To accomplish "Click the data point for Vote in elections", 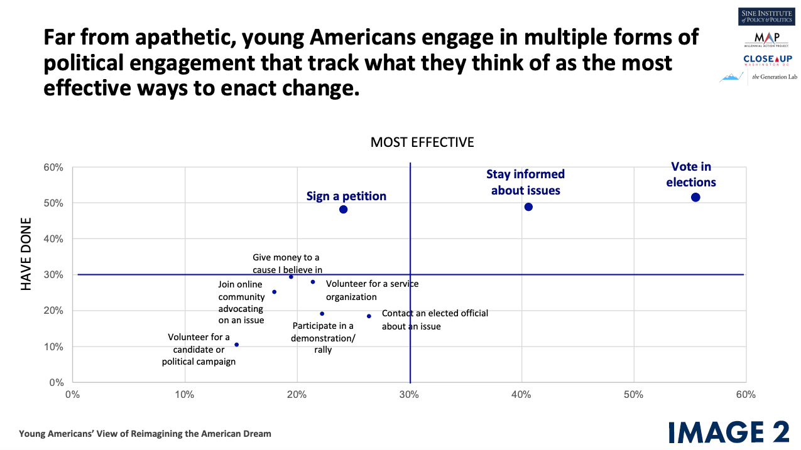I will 695,197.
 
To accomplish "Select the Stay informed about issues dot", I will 528,207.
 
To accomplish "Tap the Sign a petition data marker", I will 343,209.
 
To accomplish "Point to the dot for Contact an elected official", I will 369,316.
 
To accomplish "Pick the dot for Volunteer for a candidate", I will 236,345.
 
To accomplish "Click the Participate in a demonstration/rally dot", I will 322,314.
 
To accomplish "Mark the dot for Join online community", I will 274,292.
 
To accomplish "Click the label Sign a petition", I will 346,196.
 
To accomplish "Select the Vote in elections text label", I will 691,174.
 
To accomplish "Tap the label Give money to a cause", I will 287,264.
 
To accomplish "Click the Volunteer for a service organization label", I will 372,290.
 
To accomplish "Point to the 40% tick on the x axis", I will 521,395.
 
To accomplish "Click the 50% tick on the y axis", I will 53,203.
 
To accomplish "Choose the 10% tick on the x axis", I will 185,395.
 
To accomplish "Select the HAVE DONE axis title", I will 26,254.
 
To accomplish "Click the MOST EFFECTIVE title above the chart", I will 422,142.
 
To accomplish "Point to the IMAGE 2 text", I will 728,432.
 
